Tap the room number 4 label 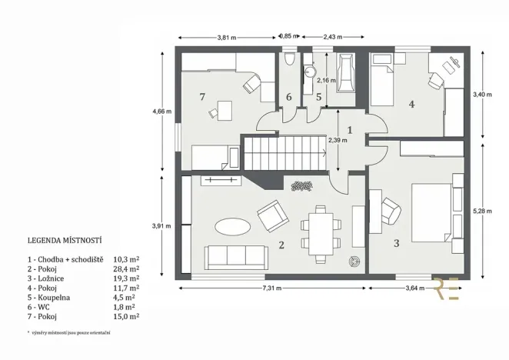(412, 104)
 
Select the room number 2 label (282, 245)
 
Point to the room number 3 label (397, 244)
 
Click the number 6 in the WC (289, 97)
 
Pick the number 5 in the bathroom (318, 97)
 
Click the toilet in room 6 (288, 61)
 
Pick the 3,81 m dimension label (226, 37)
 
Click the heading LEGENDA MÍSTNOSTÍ (65, 240)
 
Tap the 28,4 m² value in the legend (126, 270)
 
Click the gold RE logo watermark (449, 286)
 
